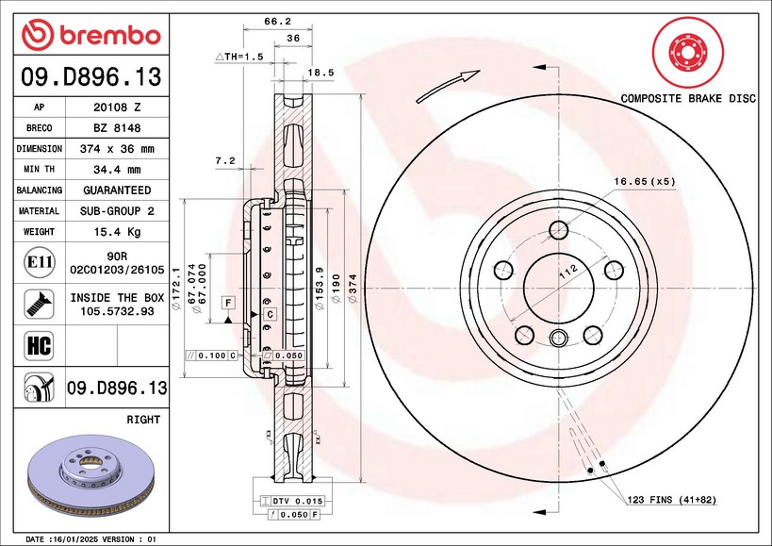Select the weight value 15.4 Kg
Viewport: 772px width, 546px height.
(118, 232)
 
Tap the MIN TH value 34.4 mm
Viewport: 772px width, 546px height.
(118, 170)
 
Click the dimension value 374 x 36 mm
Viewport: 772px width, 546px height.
(118, 149)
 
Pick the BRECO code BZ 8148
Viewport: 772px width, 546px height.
(118, 128)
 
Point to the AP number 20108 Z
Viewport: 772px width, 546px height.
(118, 108)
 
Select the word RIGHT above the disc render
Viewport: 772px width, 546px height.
(142, 419)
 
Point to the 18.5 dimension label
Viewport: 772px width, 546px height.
(321, 72)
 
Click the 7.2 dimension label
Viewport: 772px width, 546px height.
(224, 161)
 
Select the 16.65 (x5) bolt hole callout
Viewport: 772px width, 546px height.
(645, 180)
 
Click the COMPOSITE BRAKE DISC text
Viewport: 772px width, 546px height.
(687, 98)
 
